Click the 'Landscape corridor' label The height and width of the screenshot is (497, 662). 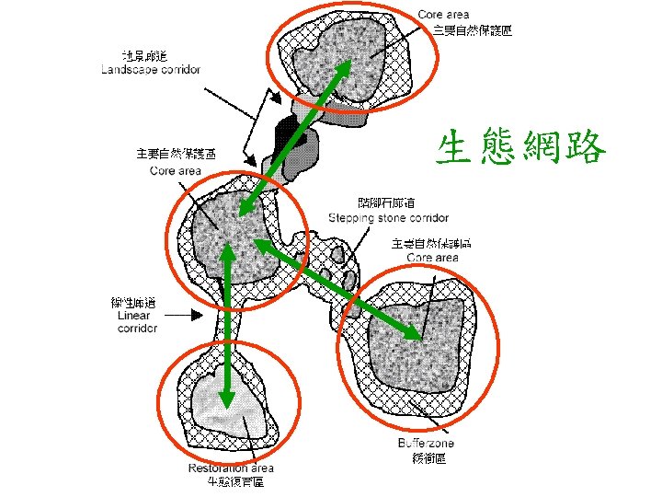(x=151, y=70)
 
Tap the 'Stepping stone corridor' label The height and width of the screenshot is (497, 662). (x=388, y=218)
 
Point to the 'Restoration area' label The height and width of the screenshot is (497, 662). (x=230, y=468)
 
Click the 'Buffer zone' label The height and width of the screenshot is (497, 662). (x=427, y=444)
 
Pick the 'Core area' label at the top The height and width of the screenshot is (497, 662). (x=443, y=15)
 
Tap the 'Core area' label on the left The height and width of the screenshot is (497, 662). (x=176, y=170)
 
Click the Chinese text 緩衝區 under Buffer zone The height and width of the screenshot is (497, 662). (x=428, y=457)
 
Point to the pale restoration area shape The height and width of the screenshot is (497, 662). (x=216, y=405)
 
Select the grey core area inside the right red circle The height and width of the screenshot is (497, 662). (x=418, y=341)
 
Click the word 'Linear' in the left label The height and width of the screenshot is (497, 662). (x=134, y=316)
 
